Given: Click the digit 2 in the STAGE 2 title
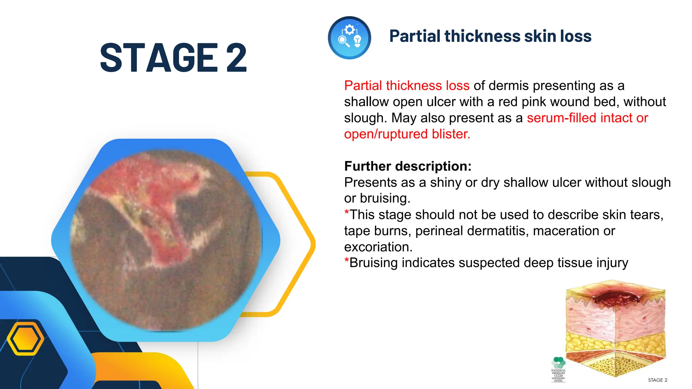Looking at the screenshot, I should click(237, 58).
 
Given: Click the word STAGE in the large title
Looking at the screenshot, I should click(159, 58).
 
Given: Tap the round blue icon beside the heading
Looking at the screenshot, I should click(349, 38).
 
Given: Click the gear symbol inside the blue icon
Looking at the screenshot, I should click(350, 30).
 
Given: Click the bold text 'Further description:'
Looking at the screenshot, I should click(407, 166).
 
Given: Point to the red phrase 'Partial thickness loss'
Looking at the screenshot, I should click(406, 86).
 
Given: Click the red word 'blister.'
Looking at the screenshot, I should click(451, 134).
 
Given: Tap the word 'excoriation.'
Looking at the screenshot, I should click(378, 247).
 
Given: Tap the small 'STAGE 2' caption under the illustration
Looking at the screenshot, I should click(657, 380).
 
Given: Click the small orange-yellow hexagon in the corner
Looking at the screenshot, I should click(25, 339).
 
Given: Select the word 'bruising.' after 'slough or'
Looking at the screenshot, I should click(385, 198).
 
